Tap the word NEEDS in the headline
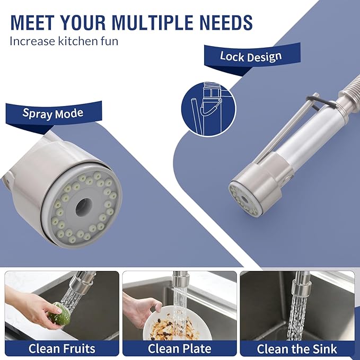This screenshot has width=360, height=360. coord(226,22)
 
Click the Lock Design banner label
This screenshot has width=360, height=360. coord(251,57)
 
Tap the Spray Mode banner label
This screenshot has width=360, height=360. coord(53,113)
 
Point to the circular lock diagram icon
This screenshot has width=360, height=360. coord(208,109)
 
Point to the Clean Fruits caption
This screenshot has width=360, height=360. coord(62,348)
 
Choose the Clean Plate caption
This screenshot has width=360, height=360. coord(179,348)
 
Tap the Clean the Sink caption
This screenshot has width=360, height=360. coord(297,349)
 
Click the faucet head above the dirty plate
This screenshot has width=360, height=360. coord(180,279)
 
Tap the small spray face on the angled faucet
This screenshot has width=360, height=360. coord(244,199)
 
